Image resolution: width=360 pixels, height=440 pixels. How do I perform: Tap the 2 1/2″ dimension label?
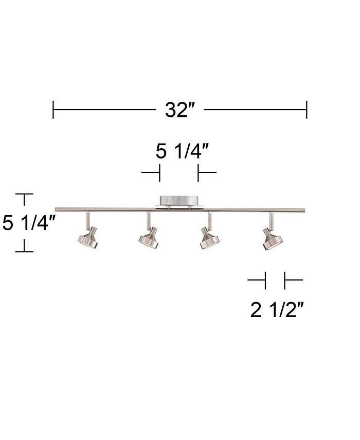275,310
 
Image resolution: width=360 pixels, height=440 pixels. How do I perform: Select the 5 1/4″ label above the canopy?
182,151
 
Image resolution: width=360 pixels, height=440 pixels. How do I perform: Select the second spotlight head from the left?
148,238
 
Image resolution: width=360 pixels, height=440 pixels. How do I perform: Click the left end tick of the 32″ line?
53,110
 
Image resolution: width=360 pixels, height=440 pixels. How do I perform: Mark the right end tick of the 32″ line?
307,110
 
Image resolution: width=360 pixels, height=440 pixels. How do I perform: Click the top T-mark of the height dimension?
24,195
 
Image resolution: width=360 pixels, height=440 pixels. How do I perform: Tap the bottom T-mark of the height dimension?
24,251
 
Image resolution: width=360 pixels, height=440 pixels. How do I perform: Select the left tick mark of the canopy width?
159,173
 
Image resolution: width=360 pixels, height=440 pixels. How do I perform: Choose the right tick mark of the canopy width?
199,173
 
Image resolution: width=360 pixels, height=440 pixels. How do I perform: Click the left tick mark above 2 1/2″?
265,280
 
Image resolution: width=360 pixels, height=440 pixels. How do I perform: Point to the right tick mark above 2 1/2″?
284,280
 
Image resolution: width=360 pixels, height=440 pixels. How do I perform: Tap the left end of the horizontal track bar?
57,209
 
